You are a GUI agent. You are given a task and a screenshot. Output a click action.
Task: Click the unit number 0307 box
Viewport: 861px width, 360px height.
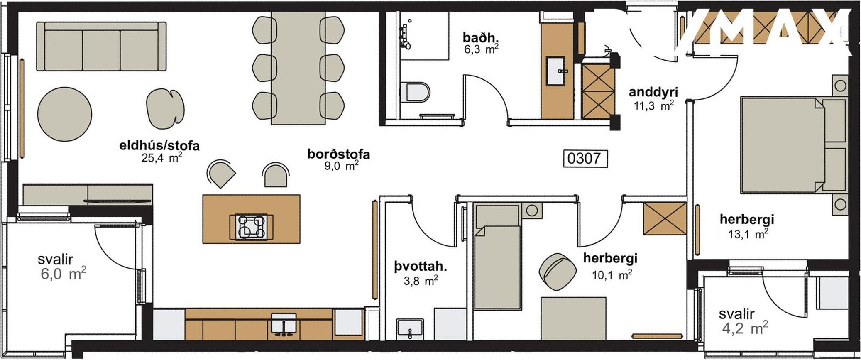pyautogui.click(x=585, y=158)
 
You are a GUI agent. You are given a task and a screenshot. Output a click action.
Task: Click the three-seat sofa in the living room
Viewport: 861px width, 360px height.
pyautogui.click(x=102, y=47)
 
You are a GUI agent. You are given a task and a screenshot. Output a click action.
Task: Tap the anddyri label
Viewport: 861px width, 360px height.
pyautogui.click(x=651, y=92)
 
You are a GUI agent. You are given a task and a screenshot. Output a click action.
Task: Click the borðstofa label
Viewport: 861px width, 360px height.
pyautogui.click(x=338, y=154)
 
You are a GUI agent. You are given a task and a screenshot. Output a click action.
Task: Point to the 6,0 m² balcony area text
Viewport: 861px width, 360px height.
pyautogui.click(x=64, y=274)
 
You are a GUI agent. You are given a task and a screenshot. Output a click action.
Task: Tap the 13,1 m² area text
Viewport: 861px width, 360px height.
pyautogui.click(x=747, y=234)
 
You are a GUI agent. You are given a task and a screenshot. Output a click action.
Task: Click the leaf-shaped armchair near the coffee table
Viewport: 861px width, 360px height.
pyautogui.click(x=166, y=110)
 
